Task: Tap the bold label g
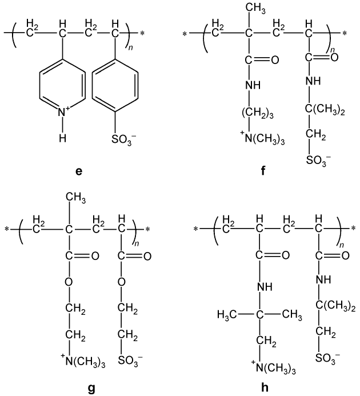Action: tap(91, 388)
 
